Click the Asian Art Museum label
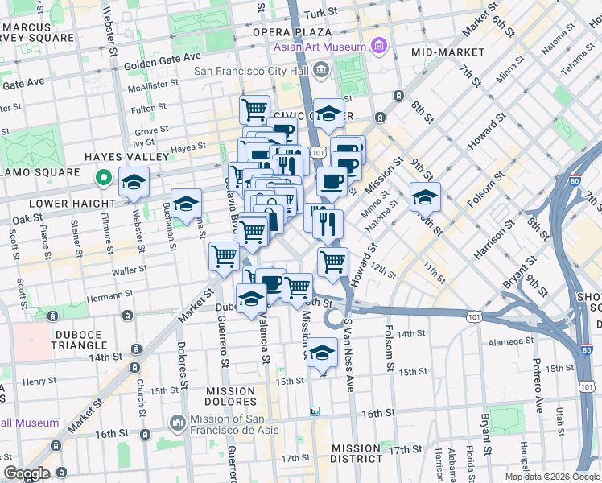tap(320, 47)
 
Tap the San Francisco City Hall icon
tap(322, 72)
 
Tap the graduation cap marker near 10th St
tap(425, 196)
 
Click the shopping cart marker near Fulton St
tap(255, 108)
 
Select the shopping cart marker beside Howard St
tap(332, 261)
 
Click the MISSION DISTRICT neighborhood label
tap(357, 453)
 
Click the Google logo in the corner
tap(27, 473)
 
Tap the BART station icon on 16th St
tap(315, 411)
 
